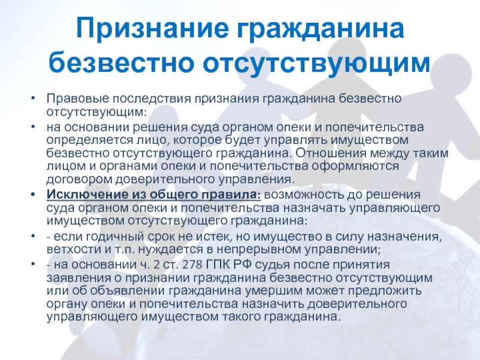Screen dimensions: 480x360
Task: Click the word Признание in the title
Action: point(152,29)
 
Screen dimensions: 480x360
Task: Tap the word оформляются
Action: point(355,167)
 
